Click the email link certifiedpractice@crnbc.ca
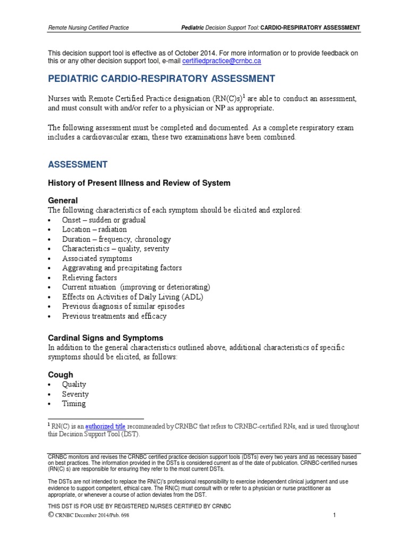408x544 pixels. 221,61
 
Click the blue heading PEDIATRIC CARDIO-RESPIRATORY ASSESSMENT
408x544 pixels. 161,79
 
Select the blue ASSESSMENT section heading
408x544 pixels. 78,165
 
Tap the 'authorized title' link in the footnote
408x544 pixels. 105,426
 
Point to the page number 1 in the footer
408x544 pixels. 335,515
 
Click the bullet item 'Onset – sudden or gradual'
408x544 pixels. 104,220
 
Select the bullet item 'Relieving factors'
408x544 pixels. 89,278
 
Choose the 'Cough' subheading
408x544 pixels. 61,375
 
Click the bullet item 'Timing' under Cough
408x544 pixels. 74,404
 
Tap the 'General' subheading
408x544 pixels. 63,200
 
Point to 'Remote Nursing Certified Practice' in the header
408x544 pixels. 88,27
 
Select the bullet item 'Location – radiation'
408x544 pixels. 94,229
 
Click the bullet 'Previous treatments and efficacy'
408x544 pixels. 114,316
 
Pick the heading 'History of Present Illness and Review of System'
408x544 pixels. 139,183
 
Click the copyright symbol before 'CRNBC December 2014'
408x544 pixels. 51,515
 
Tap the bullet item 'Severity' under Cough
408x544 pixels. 75,394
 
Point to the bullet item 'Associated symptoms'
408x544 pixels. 97,259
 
